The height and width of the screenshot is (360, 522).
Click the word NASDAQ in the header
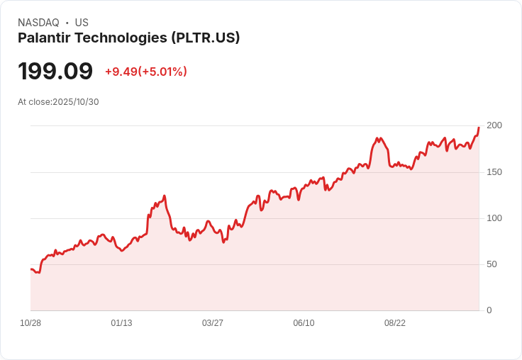click(x=38, y=23)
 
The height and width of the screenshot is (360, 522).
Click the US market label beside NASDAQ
click(x=82, y=23)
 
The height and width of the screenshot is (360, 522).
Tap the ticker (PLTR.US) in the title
click(x=205, y=38)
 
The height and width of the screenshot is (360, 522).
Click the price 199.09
click(x=55, y=72)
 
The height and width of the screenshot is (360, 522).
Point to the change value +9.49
click(x=121, y=72)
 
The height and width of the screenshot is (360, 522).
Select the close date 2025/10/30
click(x=76, y=102)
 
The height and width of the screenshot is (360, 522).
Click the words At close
click(x=34, y=102)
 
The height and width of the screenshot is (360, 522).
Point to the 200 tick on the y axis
click(x=494, y=125)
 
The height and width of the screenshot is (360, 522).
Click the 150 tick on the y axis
click(x=494, y=172)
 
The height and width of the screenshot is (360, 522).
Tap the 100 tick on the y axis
click(x=494, y=218)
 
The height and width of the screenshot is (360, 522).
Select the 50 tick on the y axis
click(x=492, y=264)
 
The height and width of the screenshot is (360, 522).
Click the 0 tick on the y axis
click(x=489, y=310)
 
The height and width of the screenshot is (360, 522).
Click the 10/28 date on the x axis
click(x=30, y=323)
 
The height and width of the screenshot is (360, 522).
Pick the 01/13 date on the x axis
click(x=121, y=323)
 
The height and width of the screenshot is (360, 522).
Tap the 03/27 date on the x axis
click(x=213, y=323)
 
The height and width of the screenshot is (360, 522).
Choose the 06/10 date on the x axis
click(x=304, y=323)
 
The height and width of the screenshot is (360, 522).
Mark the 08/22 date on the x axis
click(x=395, y=323)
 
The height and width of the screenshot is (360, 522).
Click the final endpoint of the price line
click(x=479, y=128)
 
